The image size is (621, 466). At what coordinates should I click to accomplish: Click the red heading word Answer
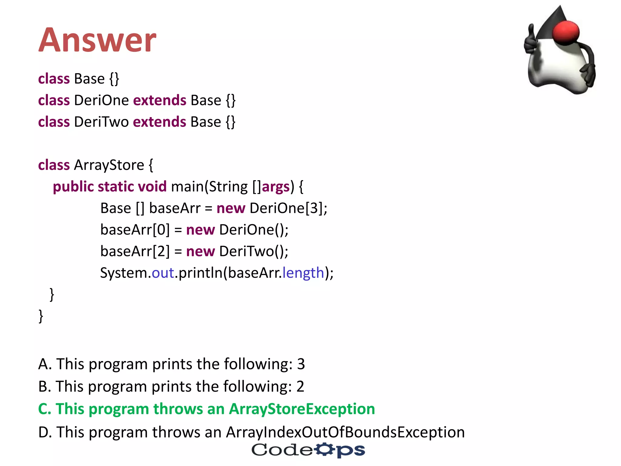click(x=97, y=40)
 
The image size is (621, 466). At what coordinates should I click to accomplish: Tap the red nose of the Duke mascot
click(x=566, y=32)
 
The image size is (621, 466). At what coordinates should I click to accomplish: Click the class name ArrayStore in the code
click(x=109, y=165)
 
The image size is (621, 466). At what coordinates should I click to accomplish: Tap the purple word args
click(x=276, y=187)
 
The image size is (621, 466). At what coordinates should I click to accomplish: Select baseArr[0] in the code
click(x=135, y=230)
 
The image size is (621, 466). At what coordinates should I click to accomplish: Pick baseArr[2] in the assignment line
click(x=135, y=251)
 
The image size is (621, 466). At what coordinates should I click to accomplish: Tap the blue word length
click(x=303, y=273)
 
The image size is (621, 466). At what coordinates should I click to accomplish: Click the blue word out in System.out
click(x=163, y=273)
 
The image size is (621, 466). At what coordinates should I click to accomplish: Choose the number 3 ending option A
click(x=300, y=364)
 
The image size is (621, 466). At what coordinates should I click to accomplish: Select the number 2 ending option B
click(x=300, y=387)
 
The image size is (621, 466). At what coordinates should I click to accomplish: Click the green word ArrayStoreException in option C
click(x=302, y=409)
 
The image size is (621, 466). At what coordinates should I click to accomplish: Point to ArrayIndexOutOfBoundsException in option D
click(x=345, y=432)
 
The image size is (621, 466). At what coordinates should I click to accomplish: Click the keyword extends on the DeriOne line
click(x=160, y=100)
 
